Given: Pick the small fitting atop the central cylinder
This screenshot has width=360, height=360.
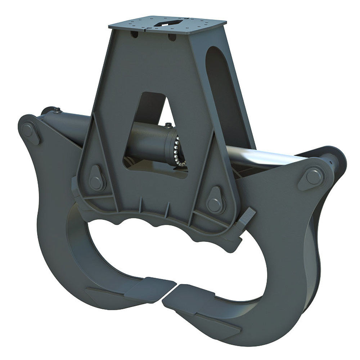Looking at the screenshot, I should point(167,125).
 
